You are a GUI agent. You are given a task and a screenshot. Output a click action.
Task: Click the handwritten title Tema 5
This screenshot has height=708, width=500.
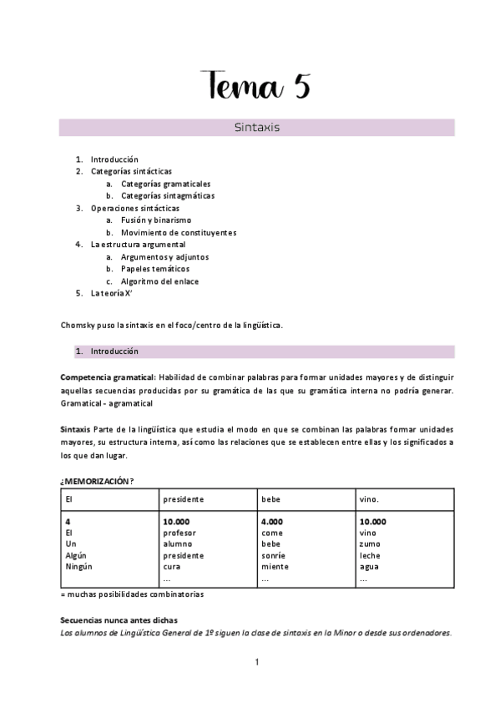pos(256,86)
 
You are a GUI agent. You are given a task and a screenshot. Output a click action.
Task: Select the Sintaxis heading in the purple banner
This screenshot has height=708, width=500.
pos(256,129)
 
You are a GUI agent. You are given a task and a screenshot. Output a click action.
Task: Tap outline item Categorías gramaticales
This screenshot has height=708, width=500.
pos(165,184)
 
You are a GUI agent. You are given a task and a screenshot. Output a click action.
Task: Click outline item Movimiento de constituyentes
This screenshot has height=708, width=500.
pos(178,233)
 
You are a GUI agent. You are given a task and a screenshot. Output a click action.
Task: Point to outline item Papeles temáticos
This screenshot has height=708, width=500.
pos(154,269)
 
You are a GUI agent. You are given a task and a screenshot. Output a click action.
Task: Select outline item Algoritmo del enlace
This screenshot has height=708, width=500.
pos(159,281)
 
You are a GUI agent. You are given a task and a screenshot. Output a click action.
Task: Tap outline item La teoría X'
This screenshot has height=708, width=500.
pos(112,294)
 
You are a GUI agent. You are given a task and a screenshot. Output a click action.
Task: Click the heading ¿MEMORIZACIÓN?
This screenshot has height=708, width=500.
pos(97,481)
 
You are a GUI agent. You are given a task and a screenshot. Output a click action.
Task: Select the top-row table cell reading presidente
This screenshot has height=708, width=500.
pos(184,499)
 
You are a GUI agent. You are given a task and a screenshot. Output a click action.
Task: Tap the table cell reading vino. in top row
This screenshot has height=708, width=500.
pos(370,499)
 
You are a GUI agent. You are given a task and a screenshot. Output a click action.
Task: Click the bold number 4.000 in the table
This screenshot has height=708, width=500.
pos(272,522)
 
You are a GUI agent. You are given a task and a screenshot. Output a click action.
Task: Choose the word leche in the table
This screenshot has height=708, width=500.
pos(370,555)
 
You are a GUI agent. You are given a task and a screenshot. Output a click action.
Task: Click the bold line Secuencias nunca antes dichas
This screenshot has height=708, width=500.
pos(118,620)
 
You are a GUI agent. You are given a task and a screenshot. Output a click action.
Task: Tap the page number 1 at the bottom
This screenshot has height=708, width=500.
pos(257,662)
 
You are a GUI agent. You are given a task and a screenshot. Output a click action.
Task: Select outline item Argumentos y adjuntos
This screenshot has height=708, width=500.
pos(164,257)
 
